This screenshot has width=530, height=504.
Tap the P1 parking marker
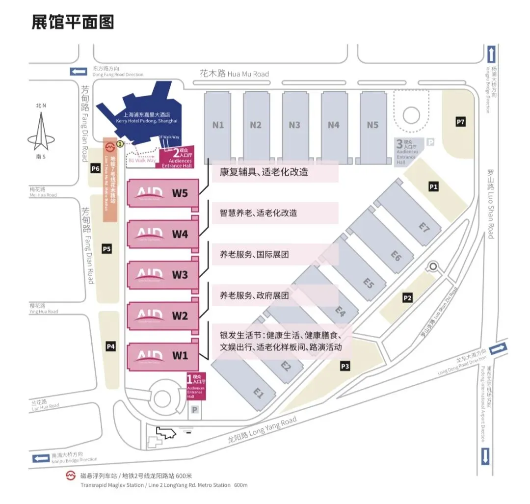433,186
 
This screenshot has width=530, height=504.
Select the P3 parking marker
345,366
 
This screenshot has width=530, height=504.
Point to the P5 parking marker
107,249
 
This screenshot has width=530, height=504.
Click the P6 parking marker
96,169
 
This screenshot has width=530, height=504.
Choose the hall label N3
294,125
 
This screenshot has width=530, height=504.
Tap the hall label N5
373,125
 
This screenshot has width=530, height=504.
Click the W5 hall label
180,193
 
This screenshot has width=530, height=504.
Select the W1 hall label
180,356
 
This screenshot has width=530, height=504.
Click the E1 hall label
258,393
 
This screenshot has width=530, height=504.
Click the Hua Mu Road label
235,74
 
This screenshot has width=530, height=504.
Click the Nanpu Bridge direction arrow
41,458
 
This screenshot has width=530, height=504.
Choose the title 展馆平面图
73,22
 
